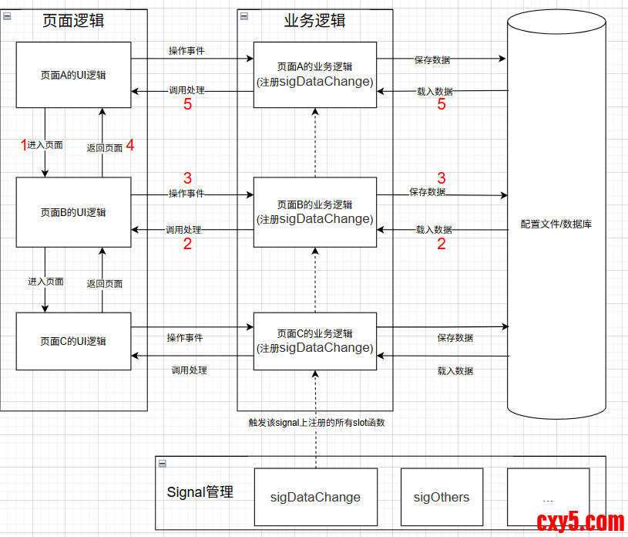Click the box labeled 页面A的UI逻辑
coord(73,75)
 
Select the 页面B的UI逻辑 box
coord(73,212)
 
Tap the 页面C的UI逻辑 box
coord(73,341)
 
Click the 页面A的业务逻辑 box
coord(314,74)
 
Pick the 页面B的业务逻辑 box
coord(314,212)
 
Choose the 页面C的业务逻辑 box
coord(314,341)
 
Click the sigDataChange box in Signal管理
coord(315,497)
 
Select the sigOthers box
coord(442,497)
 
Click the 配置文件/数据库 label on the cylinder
coord(556,225)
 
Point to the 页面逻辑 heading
coord(73,21)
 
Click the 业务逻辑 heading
coord(314,21)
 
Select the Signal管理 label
coord(200,491)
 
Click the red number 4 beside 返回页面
coord(130,144)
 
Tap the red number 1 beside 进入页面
coord(23,144)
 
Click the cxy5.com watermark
coord(579,522)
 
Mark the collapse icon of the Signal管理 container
coord(162,463)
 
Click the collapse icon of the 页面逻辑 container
coord(6,16)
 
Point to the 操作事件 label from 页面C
coord(185,338)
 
